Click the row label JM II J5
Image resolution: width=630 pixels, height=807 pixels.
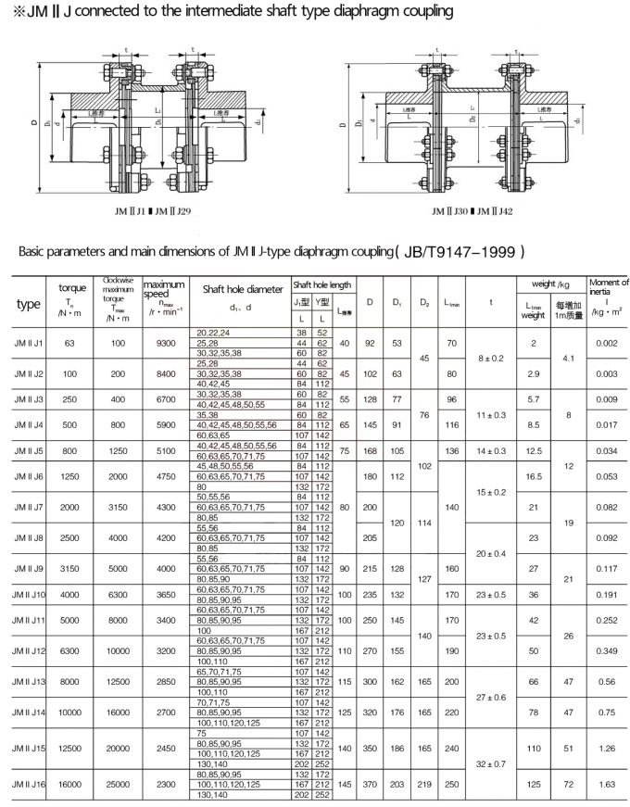(26, 451)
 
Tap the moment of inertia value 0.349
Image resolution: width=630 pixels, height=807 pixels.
(606, 652)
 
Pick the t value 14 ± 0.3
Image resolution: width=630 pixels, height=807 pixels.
(491, 451)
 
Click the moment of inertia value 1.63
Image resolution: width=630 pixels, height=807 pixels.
(606, 784)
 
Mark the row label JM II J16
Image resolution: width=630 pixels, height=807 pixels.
(28, 784)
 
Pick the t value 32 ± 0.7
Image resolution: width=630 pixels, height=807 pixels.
(491, 765)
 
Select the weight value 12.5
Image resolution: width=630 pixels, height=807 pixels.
(534, 451)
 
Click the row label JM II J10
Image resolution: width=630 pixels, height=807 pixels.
(28, 594)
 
